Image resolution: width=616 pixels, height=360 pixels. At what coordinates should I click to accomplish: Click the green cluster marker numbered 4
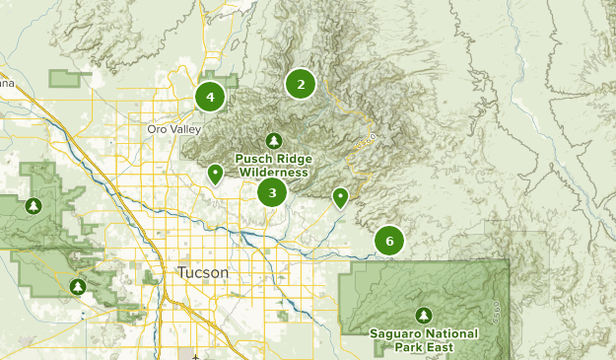(210, 97)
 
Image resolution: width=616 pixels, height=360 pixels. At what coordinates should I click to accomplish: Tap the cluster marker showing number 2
(301, 84)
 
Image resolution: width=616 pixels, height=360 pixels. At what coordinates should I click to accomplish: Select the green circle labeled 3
(272, 192)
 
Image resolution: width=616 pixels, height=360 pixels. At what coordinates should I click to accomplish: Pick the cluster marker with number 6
(389, 241)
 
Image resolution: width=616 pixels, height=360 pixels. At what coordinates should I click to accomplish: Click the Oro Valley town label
(173, 129)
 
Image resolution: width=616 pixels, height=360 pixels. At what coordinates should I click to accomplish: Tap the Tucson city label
(203, 272)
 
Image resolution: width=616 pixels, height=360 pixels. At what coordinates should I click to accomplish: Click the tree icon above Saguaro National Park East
(424, 316)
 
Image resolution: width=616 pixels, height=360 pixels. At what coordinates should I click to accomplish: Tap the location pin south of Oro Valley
(215, 175)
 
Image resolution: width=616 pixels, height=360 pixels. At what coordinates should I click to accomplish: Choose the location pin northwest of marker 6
(340, 197)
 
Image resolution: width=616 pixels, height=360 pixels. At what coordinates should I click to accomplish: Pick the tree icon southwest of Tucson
(78, 287)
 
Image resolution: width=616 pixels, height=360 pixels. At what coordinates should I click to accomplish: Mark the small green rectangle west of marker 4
(69, 79)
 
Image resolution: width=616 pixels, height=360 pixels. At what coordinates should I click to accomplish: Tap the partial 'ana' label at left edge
(7, 83)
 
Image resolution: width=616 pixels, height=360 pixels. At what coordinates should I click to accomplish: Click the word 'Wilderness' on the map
(272, 173)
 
